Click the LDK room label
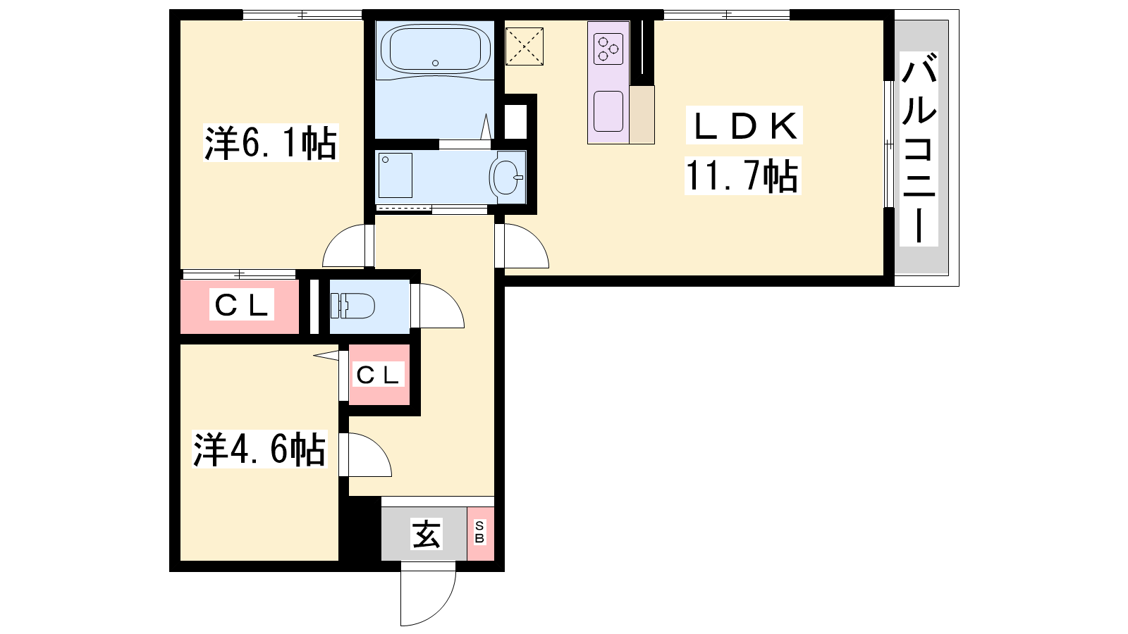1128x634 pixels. (x=744, y=126)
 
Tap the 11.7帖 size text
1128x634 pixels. (x=742, y=175)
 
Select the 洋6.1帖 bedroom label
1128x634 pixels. (x=271, y=142)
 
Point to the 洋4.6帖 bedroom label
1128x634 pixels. (x=259, y=449)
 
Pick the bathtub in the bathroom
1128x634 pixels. (x=436, y=49)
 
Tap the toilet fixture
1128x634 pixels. (x=352, y=306)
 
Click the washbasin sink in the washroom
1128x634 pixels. (x=506, y=177)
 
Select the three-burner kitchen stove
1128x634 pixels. (x=608, y=49)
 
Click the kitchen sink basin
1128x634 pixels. (x=608, y=111)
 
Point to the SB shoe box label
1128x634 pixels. (x=479, y=533)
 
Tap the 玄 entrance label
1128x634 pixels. (x=427, y=534)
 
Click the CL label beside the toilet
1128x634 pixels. (x=241, y=304)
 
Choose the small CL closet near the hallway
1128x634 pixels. (x=378, y=374)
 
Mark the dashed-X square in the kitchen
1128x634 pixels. (x=525, y=46)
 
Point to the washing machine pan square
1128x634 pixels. (x=396, y=175)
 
